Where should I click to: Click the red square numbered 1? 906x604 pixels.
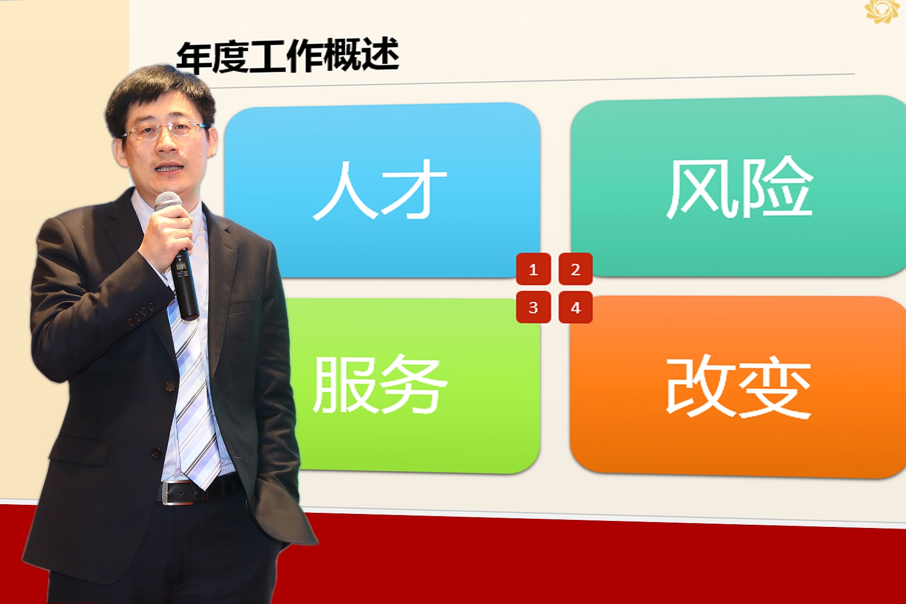click(533, 269)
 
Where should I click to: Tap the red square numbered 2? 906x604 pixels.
click(575, 269)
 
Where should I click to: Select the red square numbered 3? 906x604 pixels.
click(533, 307)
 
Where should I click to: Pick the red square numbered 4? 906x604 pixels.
click(575, 307)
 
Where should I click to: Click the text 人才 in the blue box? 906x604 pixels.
click(380, 190)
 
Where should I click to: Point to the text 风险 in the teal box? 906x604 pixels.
click(739, 187)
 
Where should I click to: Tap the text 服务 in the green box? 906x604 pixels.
click(380, 384)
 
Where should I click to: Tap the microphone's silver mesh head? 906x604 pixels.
click(168, 202)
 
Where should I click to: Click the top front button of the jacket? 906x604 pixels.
click(170, 386)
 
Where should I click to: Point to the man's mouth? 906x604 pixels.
click(169, 168)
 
